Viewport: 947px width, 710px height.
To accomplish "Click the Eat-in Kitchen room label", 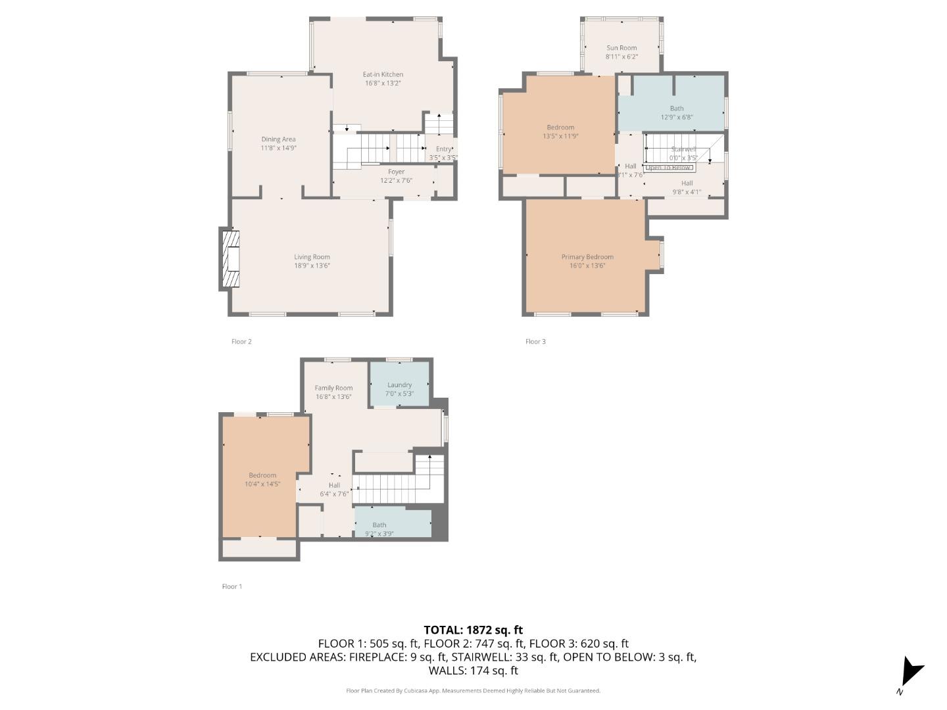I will click(x=383, y=75).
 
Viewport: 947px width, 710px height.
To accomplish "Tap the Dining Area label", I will click(x=278, y=139).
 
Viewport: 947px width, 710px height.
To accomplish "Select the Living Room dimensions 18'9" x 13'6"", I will click(x=312, y=266).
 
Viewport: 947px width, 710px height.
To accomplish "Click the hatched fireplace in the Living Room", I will click(x=230, y=259).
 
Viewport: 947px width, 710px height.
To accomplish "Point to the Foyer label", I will click(x=396, y=172).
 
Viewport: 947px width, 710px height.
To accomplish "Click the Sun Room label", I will click(x=621, y=48).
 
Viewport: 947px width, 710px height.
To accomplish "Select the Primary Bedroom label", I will click(x=587, y=257).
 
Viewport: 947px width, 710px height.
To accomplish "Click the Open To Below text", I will click(x=668, y=168).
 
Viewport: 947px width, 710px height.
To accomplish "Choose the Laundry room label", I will click(x=399, y=385).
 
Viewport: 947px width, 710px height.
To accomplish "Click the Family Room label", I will click(x=333, y=388).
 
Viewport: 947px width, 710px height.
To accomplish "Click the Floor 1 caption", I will click(x=232, y=586).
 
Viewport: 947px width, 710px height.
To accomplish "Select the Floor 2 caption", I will click(x=241, y=341).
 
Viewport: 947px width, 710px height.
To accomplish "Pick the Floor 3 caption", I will click(x=535, y=341).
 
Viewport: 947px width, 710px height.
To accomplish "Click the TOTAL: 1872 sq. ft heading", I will click(x=473, y=630).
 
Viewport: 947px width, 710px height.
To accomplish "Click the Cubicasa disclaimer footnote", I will click(x=473, y=690).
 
